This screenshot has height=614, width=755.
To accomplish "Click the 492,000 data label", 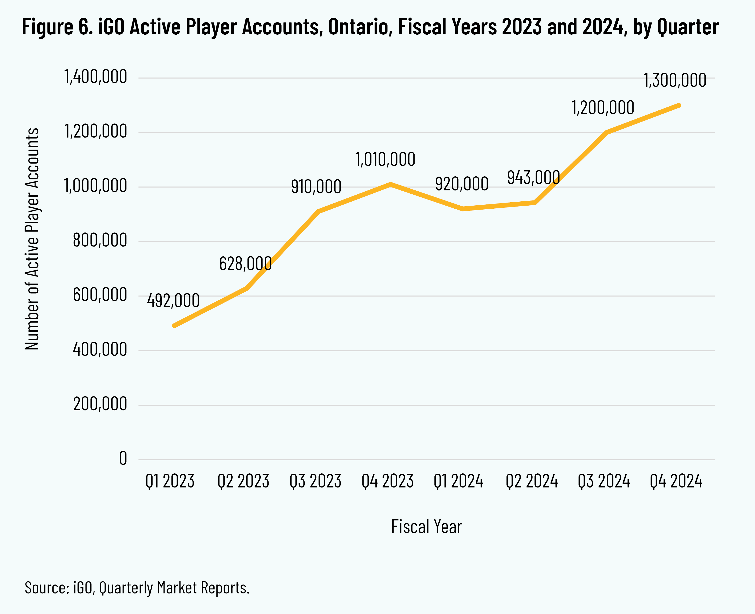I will pyautogui.click(x=173, y=301).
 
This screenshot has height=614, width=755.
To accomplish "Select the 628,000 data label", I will pyautogui.click(x=245, y=264).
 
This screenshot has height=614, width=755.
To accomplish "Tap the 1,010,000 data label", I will pyautogui.click(x=385, y=160).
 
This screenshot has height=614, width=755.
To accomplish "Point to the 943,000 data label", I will pyautogui.click(x=533, y=177).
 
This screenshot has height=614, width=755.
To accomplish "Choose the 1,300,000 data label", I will pyautogui.click(x=674, y=81).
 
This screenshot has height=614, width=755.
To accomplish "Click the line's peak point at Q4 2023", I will pyautogui.click(x=390, y=184).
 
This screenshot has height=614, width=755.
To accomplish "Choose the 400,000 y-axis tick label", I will pyautogui.click(x=100, y=350).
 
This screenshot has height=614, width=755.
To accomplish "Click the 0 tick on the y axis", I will pyautogui.click(x=123, y=459).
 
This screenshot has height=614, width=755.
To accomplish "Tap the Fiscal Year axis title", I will pyautogui.click(x=426, y=527).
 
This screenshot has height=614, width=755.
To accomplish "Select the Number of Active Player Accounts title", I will pyautogui.click(x=32, y=239).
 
